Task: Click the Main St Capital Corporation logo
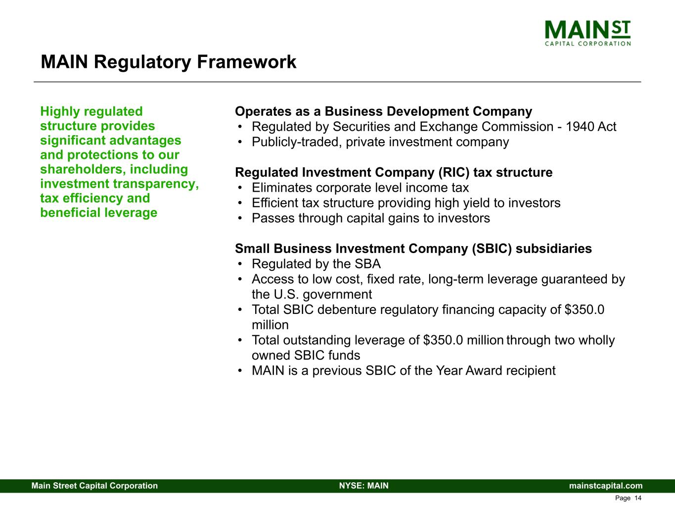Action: pyautogui.click(x=587, y=33)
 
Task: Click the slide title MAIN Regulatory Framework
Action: pyautogui.click(x=168, y=62)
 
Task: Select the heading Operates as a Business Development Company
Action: pyautogui.click(x=383, y=111)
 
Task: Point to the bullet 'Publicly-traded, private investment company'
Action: pyautogui.click(x=380, y=142)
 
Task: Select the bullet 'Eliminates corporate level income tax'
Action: pyautogui.click(x=360, y=188)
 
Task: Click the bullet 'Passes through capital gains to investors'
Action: pyautogui.click(x=370, y=218)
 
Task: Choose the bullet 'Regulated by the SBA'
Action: pyautogui.click(x=316, y=264)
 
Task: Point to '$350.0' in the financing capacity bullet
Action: pyautogui.click(x=584, y=310)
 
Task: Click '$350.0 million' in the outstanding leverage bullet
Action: pyautogui.click(x=463, y=341)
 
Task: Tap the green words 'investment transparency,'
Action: pyautogui.click(x=119, y=184)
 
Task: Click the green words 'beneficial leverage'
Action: pyautogui.click(x=98, y=213)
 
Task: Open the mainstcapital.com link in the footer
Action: pyautogui.click(x=606, y=486)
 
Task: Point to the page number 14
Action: pyautogui.click(x=637, y=498)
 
